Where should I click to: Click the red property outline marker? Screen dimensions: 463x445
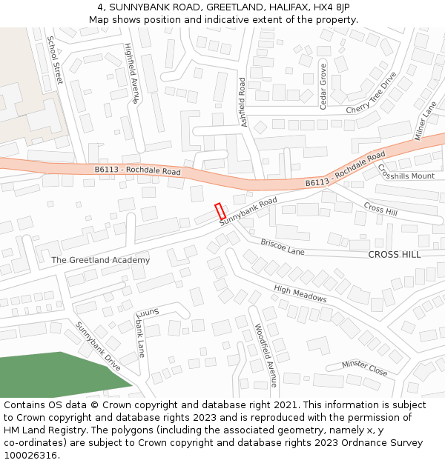(220, 210)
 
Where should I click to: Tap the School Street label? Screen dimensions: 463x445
(55, 59)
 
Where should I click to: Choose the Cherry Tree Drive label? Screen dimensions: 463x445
(371, 95)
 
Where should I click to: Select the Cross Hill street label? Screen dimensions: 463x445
(380, 209)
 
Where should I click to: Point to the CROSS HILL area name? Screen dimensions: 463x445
(394, 254)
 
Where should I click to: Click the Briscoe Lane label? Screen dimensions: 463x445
(283, 247)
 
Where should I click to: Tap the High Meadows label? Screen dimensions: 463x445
(300, 294)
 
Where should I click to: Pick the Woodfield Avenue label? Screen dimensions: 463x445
(266, 355)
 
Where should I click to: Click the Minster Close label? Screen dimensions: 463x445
(364, 367)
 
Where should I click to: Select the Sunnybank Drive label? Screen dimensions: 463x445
(98, 346)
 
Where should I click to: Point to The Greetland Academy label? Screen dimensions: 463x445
(100, 260)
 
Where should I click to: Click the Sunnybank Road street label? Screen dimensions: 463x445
(248, 211)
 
